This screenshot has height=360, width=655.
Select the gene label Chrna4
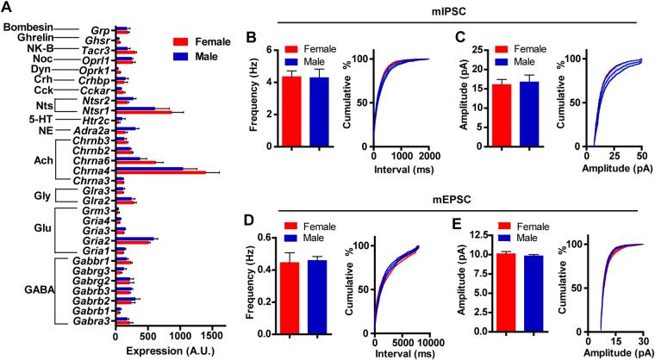click(x=90, y=171)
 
